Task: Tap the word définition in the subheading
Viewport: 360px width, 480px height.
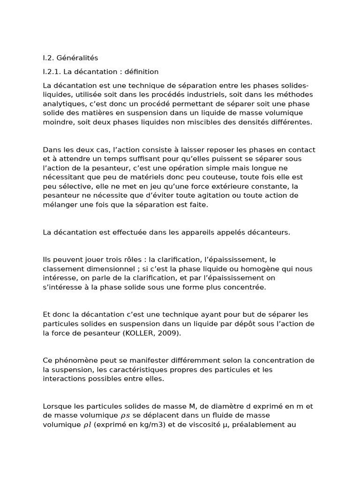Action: pos(140,72)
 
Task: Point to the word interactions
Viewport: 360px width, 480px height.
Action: pos(63,378)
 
